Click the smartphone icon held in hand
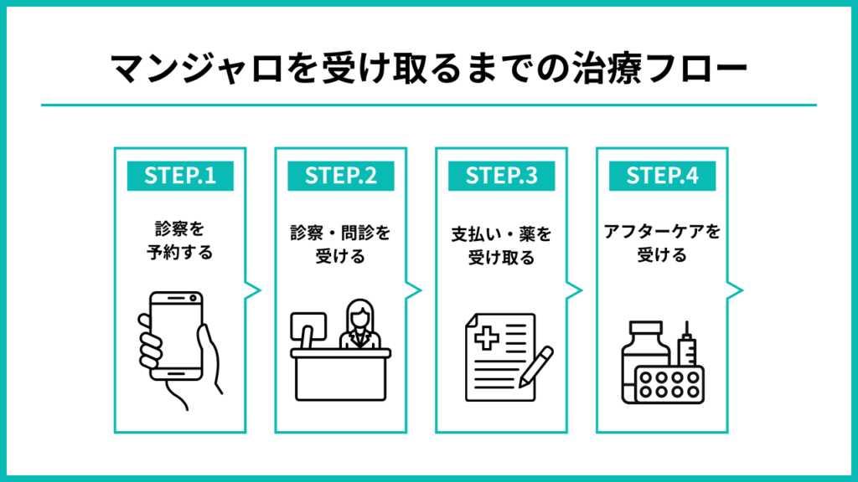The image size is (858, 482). [x=176, y=335]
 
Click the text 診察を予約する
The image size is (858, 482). [x=179, y=238]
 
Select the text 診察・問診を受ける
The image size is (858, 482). [x=340, y=244]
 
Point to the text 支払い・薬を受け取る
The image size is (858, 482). [x=501, y=244]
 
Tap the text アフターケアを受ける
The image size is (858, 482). [x=661, y=244]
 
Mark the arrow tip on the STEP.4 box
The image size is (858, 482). [x=741, y=290]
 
